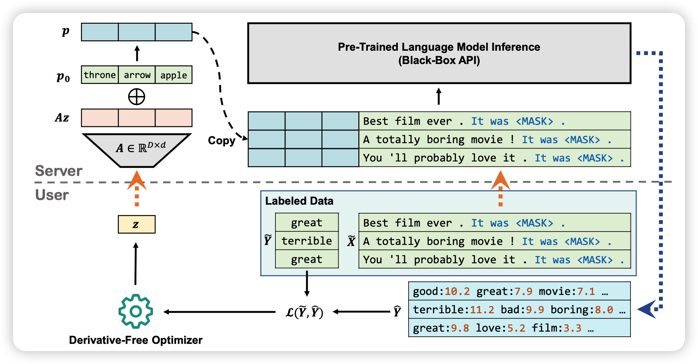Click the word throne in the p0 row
pos(100,75)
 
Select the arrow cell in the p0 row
pos(137,75)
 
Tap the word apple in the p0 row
pos(174,75)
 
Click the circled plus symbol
pos(137,97)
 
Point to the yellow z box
pos(136,224)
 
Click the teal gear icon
pos(136,311)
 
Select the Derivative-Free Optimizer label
pos(136,340)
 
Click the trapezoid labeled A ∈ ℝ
pos(137,150)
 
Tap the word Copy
pos(222,141)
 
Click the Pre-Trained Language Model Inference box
pos(439,53)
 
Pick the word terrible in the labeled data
pos(307,241)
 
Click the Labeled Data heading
pos(299,201)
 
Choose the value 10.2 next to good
pos(457,291)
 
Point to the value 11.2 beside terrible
pos(482,310)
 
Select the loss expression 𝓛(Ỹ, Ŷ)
pos(304,312)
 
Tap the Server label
pos(59,171)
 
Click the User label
pos(52,195)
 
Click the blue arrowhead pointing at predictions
pos(647,309)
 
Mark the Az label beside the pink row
pos(62,118)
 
